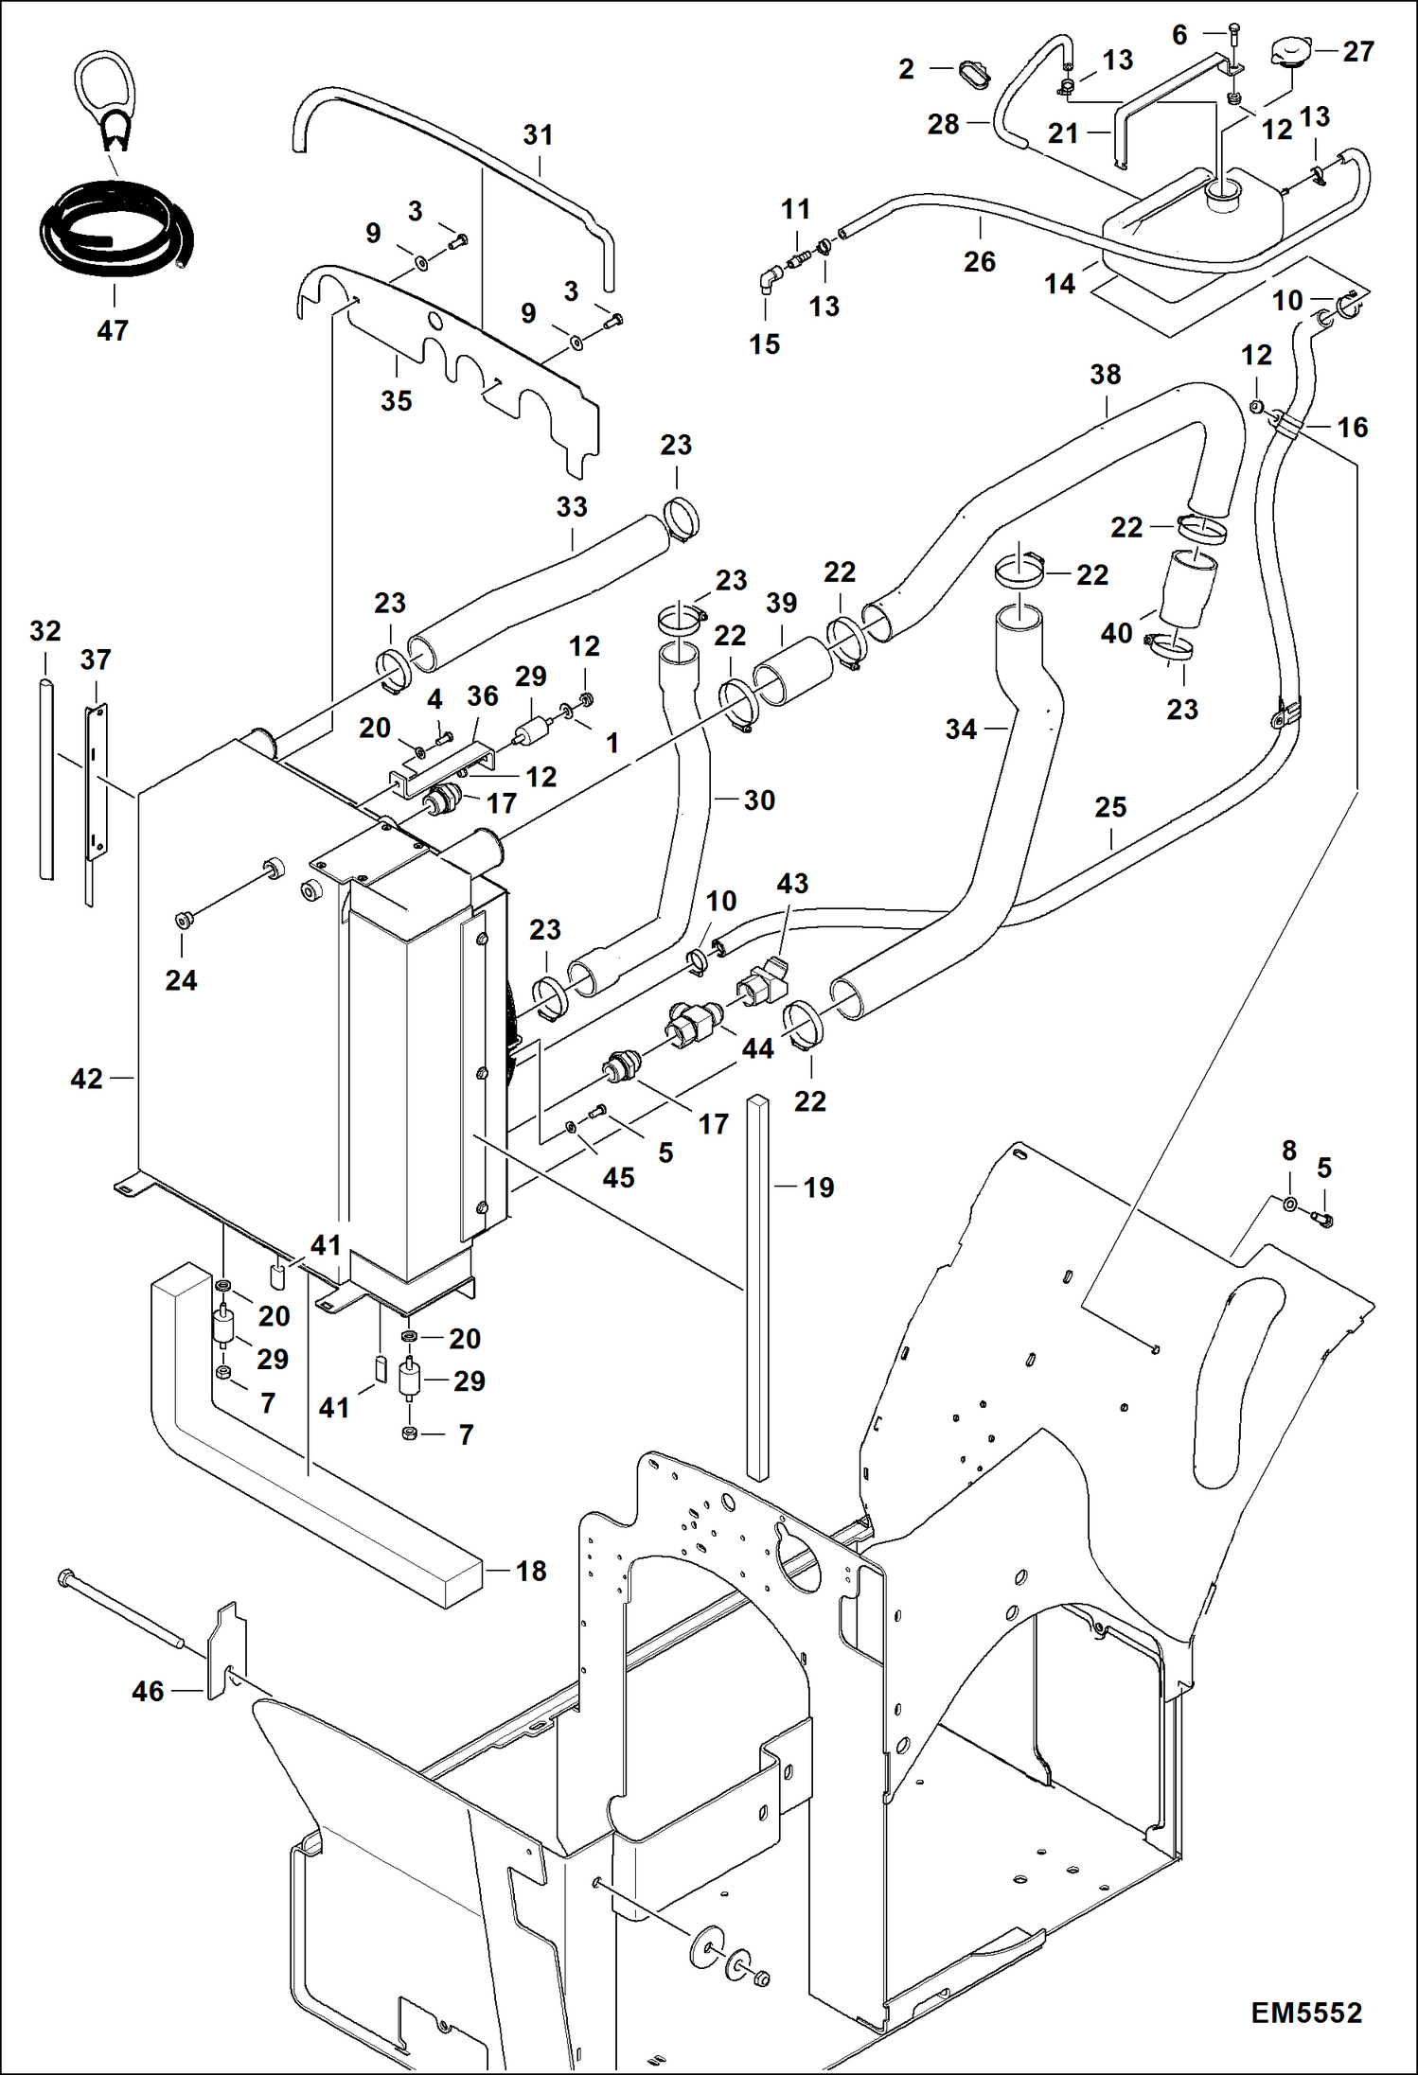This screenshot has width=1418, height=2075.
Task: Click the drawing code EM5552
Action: coord(1306,2013)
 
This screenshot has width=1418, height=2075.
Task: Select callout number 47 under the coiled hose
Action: coord(112,330)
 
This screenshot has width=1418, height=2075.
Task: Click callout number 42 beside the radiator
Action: coord(86,1078)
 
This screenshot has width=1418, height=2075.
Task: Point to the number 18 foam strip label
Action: coord(530,1571)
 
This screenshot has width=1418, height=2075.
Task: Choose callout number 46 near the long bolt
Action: coord(148,1691)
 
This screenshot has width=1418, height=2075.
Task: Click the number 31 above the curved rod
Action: coord(538,135)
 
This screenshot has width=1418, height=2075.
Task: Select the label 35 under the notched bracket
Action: coord(396,400)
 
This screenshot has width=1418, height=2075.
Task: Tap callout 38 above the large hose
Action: coord(1105,375)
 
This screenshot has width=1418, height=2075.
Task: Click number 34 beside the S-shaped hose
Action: coord(960,729)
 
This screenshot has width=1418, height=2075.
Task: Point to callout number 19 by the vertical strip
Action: coord(819,1187)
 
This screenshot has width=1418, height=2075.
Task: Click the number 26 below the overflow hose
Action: coord(980,261)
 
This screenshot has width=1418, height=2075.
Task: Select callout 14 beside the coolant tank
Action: coord(1059,284)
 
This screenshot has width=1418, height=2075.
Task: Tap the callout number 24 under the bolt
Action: coord(181,980)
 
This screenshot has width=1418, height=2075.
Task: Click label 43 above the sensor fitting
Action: coord(792,884)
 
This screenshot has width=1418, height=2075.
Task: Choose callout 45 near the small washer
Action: coord(618,1177)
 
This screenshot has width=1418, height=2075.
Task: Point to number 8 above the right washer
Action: coord(1288,1151)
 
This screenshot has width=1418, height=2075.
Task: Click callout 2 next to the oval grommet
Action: coord(906,69)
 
